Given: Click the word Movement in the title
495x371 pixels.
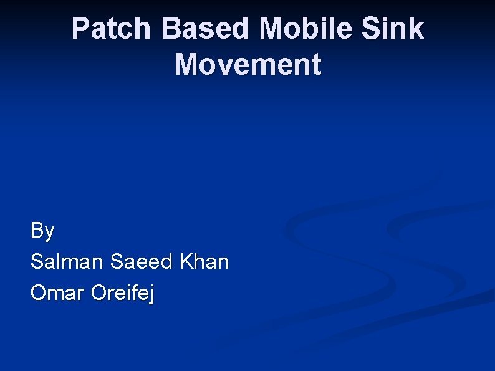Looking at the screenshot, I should tap(247, 65).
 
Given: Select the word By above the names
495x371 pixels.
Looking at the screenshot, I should tap(42, 231).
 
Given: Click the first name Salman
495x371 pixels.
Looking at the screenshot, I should tap(67, 262).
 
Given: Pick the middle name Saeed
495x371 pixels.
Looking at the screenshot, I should tap(141, 262).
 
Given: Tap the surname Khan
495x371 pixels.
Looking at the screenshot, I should tap(204, 262).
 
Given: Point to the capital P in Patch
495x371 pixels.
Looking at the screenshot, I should tap(80, 29).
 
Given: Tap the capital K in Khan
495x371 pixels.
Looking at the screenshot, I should tap(185, 262).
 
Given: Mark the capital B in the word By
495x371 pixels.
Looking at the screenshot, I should tap(37, 231).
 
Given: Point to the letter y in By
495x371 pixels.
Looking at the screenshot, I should tap(49, 234).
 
